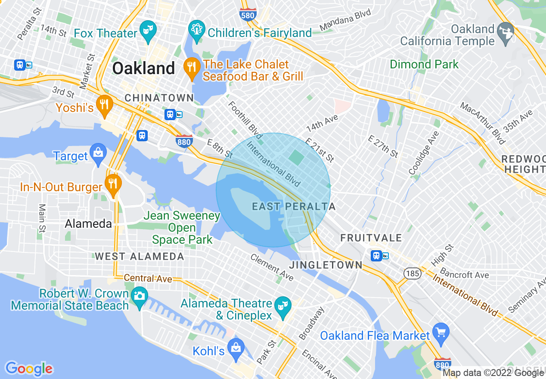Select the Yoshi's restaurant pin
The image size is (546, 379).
(x=104, y=105)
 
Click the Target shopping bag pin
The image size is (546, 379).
(x=98, y=153)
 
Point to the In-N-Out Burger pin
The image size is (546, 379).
(x=113, y=184)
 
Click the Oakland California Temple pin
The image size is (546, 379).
(x=506, y=32)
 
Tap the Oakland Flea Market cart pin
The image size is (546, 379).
(x=441, y=333)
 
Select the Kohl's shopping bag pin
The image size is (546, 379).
(x=236, y=348)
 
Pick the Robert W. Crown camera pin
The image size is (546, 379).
(x=139, y=297)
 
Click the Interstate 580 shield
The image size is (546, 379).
(x=248, y=14)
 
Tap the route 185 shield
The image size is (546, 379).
(x=412, y=273)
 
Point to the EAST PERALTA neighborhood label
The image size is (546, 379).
(x=294, y=207)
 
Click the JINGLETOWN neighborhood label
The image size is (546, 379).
(x=326, y=265)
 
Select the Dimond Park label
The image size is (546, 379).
(x=424, y=65)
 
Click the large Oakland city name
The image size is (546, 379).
(x=143, y=68)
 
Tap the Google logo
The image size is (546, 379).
(x=29, y=369)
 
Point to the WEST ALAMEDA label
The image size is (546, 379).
(x=139, y=257)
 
